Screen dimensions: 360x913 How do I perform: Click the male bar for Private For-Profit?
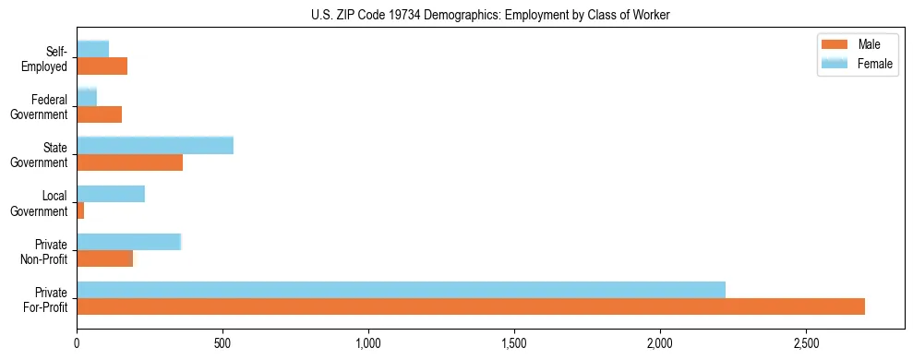click(x=471, y=306)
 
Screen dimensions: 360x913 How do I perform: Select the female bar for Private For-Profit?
click(x=401, y=290)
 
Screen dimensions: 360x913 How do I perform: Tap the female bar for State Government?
click(x=155, y=145)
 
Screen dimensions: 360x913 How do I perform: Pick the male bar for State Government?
click(x=130, y=162)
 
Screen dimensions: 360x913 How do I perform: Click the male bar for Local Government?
click(x=80, y=210)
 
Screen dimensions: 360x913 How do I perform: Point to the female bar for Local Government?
click(x=111, y=194)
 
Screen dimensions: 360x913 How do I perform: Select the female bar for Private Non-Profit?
click(x=128, y=242)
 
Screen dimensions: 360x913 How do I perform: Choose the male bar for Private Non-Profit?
click(x=105, y=258)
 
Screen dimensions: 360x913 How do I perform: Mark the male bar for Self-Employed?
click(x=102, y=66)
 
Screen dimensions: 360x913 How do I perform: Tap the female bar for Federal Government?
click(x=87, y=97)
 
